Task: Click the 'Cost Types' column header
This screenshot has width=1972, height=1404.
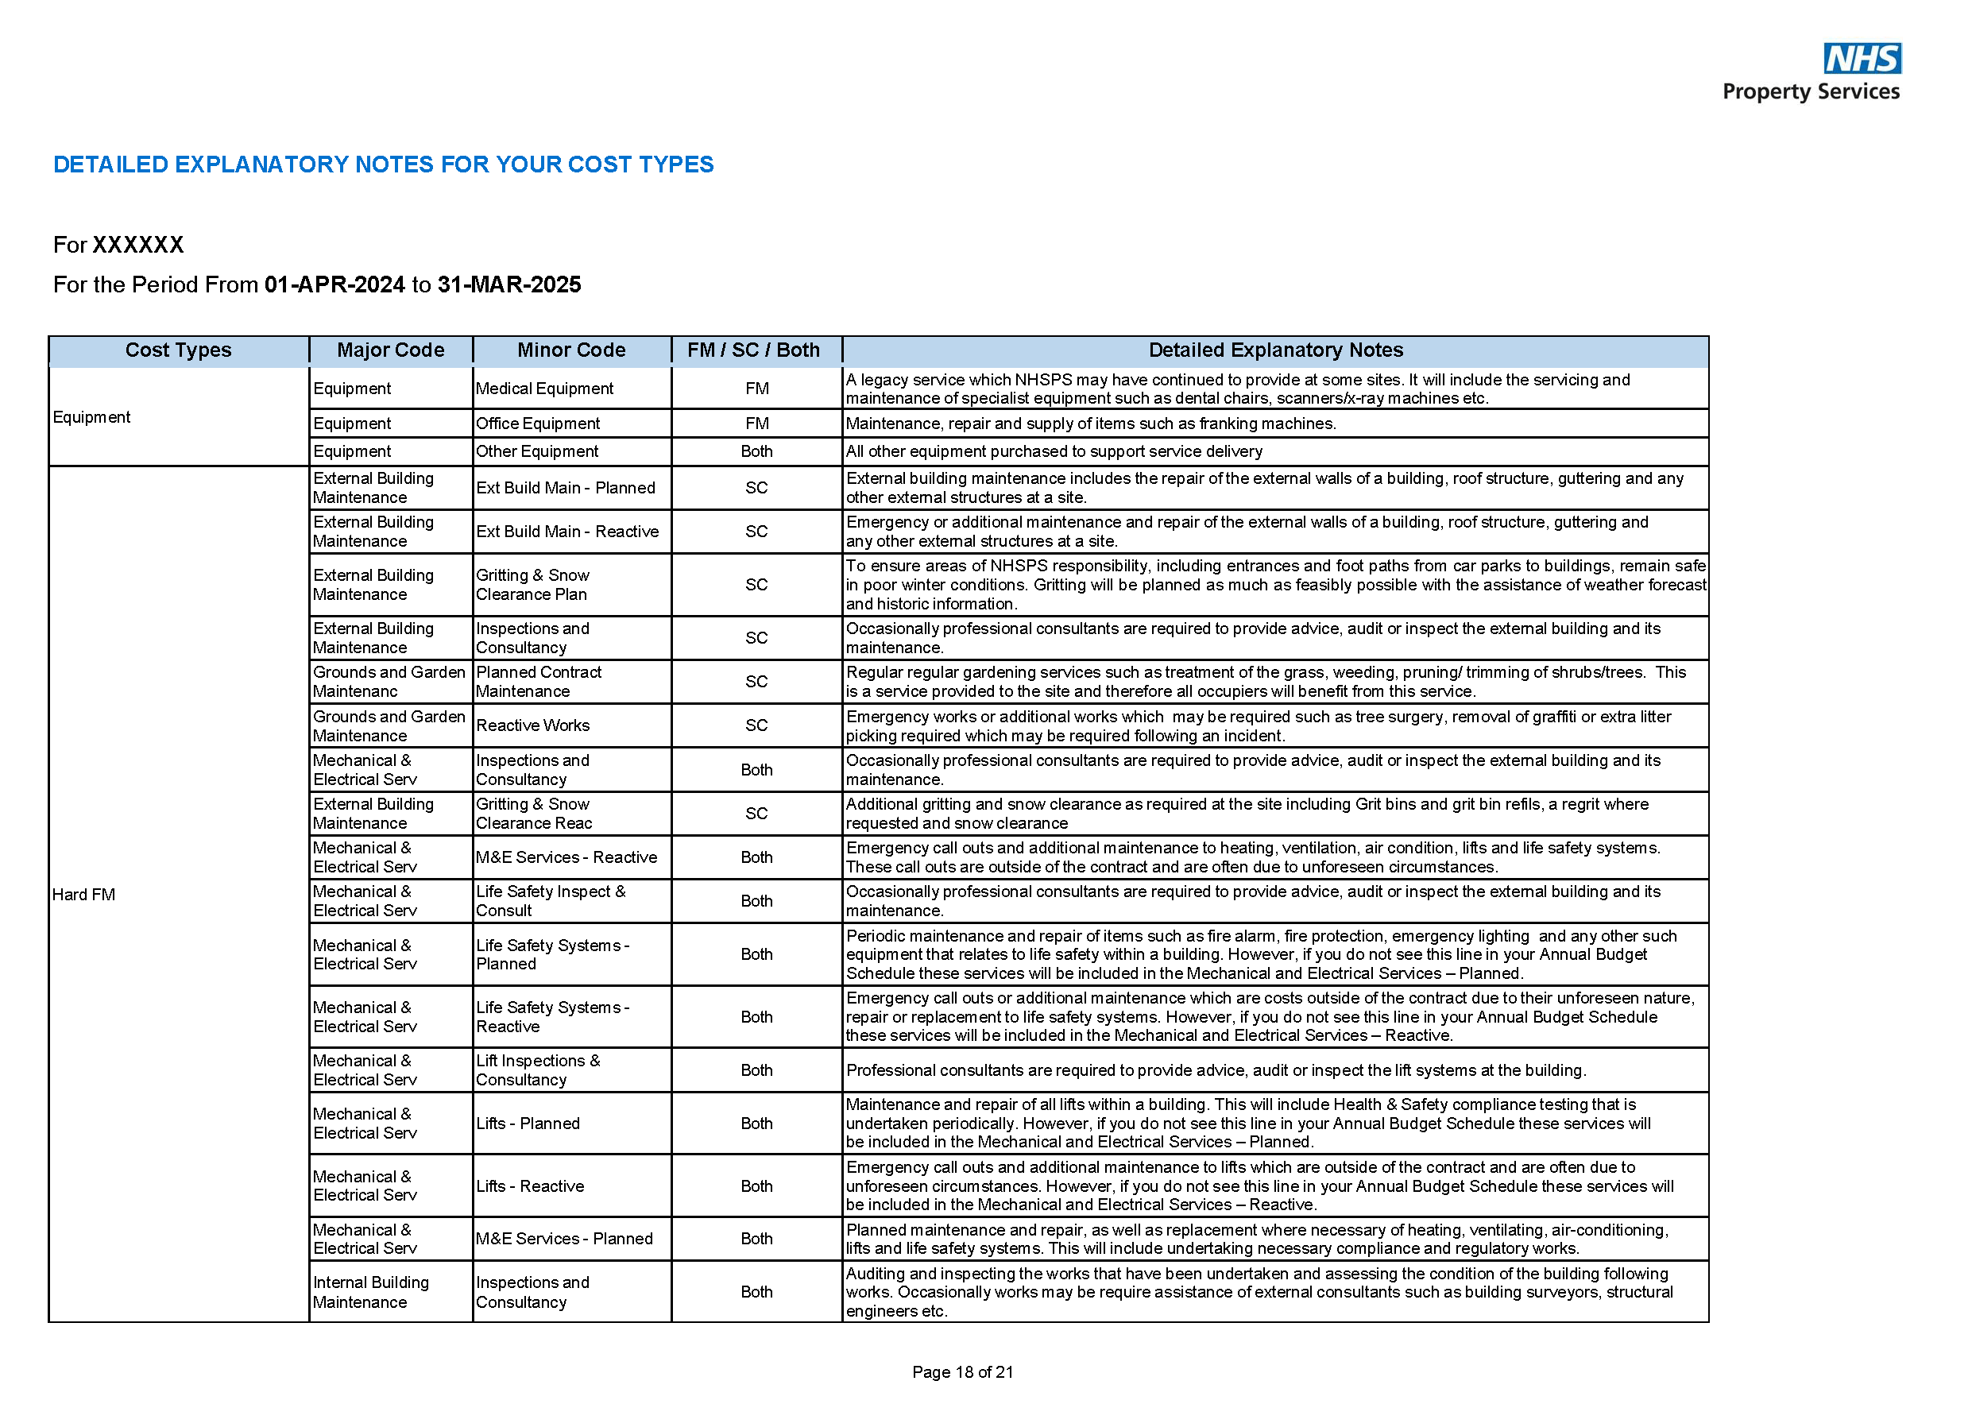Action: click(178, 350)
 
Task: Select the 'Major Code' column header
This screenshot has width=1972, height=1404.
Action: click(391, 350)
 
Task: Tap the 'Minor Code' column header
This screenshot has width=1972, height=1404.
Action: click(571, 350)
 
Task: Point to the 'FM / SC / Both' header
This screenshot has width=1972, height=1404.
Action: click(753, 350)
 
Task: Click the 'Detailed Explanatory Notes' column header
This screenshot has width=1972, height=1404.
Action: click(1275, 350)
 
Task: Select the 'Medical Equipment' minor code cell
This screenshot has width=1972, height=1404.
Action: click(545, 389)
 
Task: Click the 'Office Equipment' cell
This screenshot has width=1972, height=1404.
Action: click(538, 424)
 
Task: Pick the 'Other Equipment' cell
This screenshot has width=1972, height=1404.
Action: click(537, 451)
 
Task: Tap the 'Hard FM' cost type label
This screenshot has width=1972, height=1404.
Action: click(84, 895)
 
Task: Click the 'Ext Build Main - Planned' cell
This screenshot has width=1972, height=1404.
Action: click(566, 488)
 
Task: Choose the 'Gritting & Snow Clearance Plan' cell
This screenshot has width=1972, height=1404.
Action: click(532, 585)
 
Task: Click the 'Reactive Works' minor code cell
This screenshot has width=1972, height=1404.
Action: click(532, 725)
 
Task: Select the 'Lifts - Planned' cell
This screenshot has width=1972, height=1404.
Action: click(528, 1123)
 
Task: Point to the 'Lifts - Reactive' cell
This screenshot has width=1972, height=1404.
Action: click(530, 1186)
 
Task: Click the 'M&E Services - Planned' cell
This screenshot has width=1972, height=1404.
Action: click(563, 1239)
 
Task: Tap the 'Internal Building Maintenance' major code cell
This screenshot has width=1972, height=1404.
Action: click(371, 1292)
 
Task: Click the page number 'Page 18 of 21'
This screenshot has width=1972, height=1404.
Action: click(962, 1372)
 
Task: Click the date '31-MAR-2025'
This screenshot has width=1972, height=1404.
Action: click(509, 284)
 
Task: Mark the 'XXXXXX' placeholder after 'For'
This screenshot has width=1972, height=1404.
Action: click(138, 245)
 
